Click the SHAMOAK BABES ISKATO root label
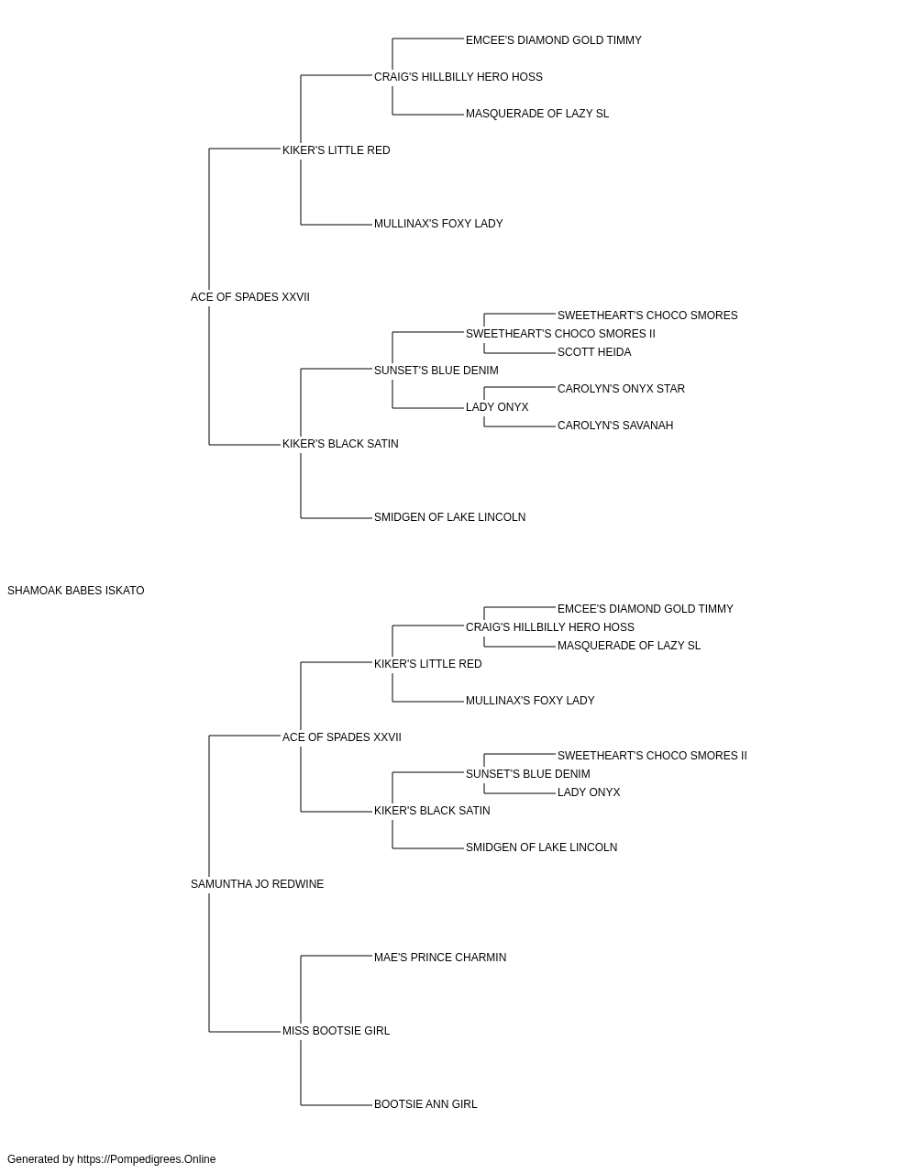[75, 591]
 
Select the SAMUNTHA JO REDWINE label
[257, 884]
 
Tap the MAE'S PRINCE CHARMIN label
[440, 958]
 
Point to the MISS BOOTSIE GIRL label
[336, 1031]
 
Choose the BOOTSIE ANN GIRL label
[425, 1104]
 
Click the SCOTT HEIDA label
[594, 352]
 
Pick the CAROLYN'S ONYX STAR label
[621, 389]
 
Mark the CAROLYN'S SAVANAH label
[615, 426]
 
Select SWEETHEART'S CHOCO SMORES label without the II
[647, 316]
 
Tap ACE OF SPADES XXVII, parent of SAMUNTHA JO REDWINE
[342, 737]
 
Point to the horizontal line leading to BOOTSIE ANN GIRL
[337, 1105]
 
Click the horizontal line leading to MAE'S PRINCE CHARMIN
[337, 956]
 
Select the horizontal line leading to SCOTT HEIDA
[520, 353]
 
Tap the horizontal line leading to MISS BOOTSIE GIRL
[245, 1032]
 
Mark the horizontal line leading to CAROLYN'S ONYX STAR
[520, 387]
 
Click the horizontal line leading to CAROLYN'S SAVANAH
[520, 426]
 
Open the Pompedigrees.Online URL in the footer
[147, 1159]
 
